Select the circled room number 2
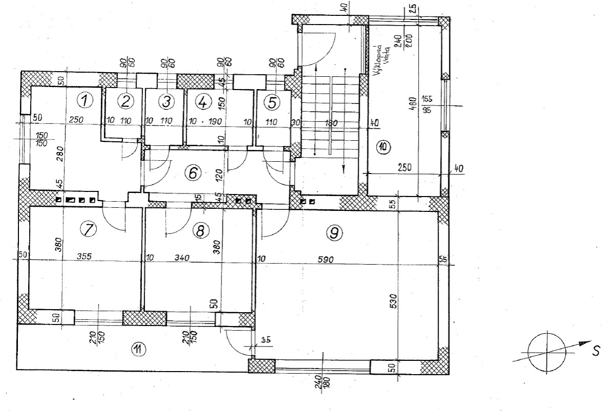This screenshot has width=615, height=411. tap(126, 101)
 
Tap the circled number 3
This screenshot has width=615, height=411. tap(166, 101)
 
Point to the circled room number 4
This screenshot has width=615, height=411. tap(203, 101)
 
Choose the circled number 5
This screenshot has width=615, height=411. tap(273, 102)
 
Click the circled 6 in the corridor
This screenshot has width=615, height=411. tap(193, 173)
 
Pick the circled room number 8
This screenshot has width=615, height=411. tap(200, 231)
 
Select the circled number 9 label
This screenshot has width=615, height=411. tap(334, 233)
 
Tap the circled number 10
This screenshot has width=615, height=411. tap(383, 147)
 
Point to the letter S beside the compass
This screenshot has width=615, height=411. tap(596, 351)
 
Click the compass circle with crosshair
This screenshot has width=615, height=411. tap(547, 353)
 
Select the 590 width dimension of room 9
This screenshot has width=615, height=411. tap(325, 260)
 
